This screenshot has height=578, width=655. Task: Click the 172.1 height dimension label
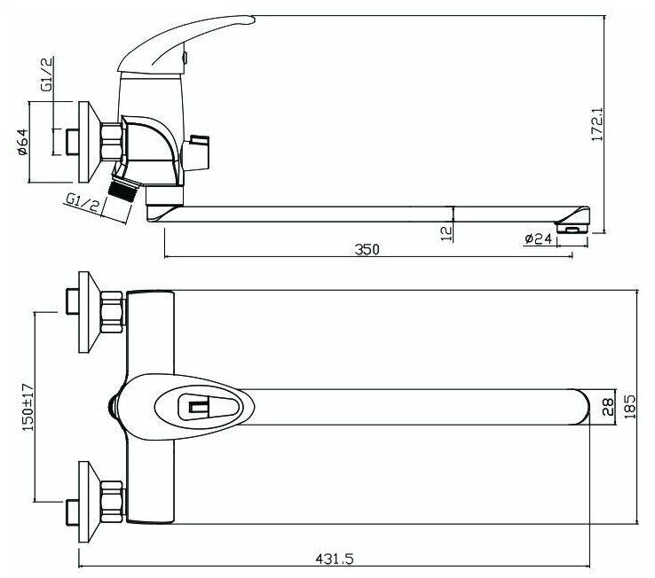pyautogui.click(x=598, y=124)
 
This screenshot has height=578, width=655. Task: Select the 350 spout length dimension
pyautogui.click(x=367, y=249)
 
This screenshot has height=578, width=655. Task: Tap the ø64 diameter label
pyautogui.click(x=22, y=142)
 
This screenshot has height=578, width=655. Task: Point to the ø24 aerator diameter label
pyautogui.click(x=539, y=238)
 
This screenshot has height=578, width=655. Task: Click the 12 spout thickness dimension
pyautogui.click(x=446, y=233)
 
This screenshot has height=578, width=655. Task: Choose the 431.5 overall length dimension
pyautogui.click(x=335, y=558)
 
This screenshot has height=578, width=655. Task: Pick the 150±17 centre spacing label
pyautogui.click(x=28, y=407)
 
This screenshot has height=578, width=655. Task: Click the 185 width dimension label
pyautogui.click(x=630, y=407)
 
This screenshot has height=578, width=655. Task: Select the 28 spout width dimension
pyautogui.click(x=609, y=407)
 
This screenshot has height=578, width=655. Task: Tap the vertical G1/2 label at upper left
pyautogui.click(x=47, y=74)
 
